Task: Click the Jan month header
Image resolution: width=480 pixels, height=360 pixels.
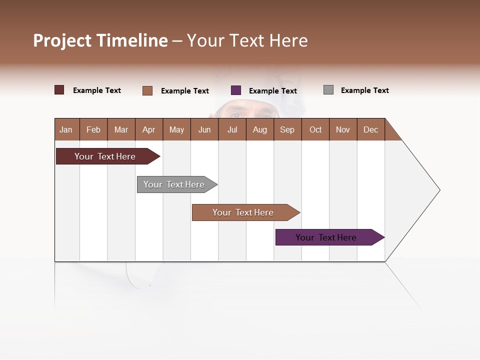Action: [66, 129]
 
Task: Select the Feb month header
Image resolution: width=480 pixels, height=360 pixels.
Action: [93, 129]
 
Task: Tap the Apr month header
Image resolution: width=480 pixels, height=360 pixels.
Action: [148, 129]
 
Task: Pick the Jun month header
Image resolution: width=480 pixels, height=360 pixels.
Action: [204, 129]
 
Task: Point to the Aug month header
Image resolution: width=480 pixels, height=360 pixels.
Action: [259, 129]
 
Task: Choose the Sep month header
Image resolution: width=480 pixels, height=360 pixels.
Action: [287, 129]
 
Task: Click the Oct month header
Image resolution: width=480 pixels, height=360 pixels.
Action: [315, 129]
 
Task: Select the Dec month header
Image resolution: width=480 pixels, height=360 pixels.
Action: [370, 129]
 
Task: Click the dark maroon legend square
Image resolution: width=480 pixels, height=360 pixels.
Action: [59, 90]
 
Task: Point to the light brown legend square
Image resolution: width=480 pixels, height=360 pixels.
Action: [147, 90]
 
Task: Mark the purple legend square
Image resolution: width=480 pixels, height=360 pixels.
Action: [236, 90]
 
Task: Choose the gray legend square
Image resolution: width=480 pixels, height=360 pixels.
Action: [328, 90]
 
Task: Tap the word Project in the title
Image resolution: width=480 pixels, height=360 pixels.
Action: [62, 40]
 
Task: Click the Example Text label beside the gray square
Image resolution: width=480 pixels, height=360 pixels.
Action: [364, 90]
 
